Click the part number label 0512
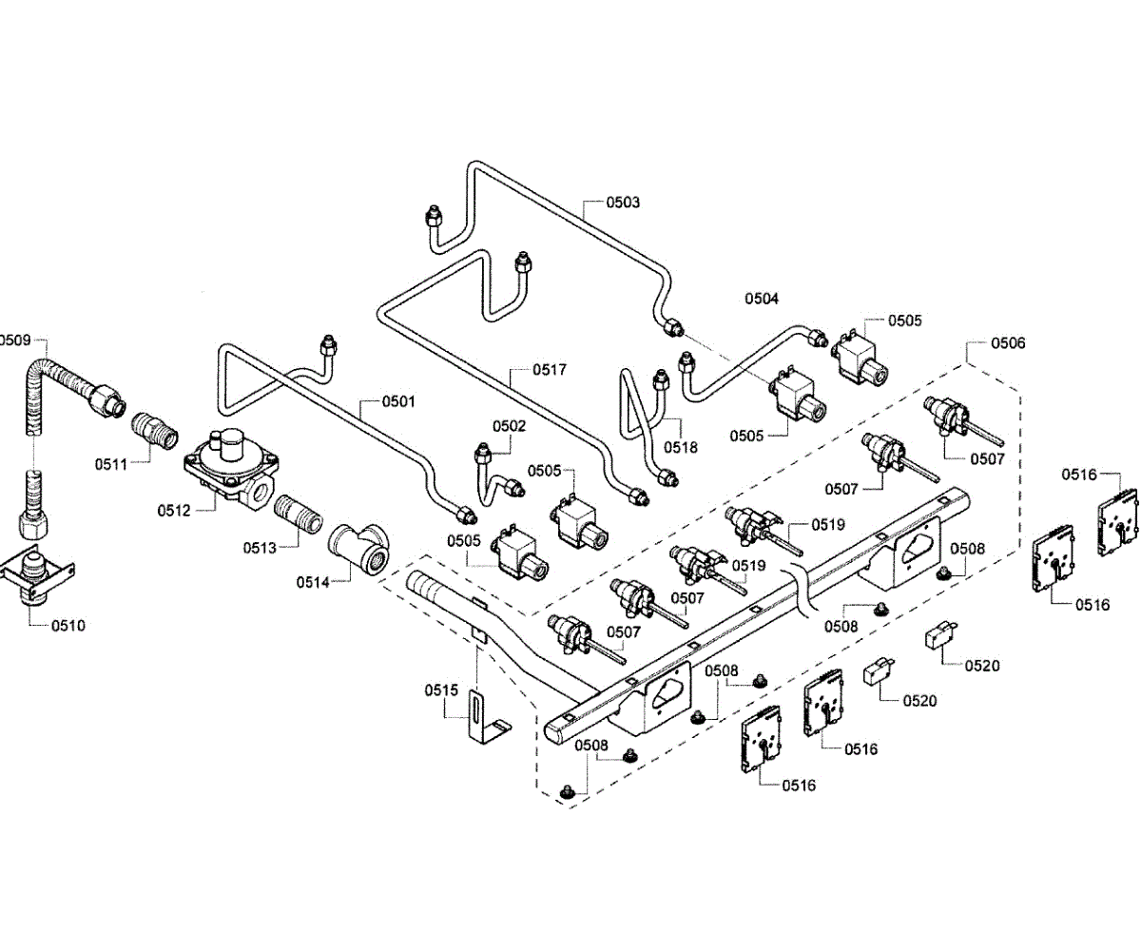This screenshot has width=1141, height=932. click(173, 511)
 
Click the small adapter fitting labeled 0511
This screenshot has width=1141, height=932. click(155, 433)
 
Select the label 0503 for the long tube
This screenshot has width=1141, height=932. click(624, 202)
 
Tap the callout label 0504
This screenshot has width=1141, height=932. click(762, 299)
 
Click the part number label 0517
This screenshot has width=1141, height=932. click(550, 369)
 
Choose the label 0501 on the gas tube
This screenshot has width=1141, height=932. click(399, 401)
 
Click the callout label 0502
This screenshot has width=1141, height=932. click(509, 426)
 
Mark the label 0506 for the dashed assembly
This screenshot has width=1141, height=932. click(1008, 342)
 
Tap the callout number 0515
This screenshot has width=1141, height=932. click(441, 689)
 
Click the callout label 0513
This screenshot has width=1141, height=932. click(259, 547)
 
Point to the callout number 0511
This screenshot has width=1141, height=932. click(110, 464)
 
